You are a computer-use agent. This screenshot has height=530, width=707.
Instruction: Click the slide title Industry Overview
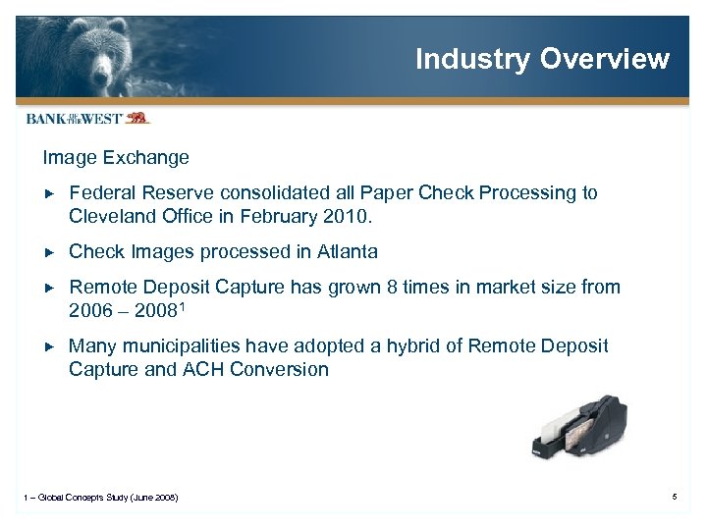(x=542, y=59)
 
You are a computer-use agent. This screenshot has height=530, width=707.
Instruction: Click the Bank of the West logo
(x=87, y=118)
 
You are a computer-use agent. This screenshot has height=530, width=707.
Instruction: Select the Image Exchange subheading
(x=116, y=157)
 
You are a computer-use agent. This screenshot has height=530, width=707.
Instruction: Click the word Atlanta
(x=347, y=251)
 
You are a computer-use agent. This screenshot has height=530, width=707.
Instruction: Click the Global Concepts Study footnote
(x=101, y=499)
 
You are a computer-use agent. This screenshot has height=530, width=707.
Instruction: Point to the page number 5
(x=675, y=498)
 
